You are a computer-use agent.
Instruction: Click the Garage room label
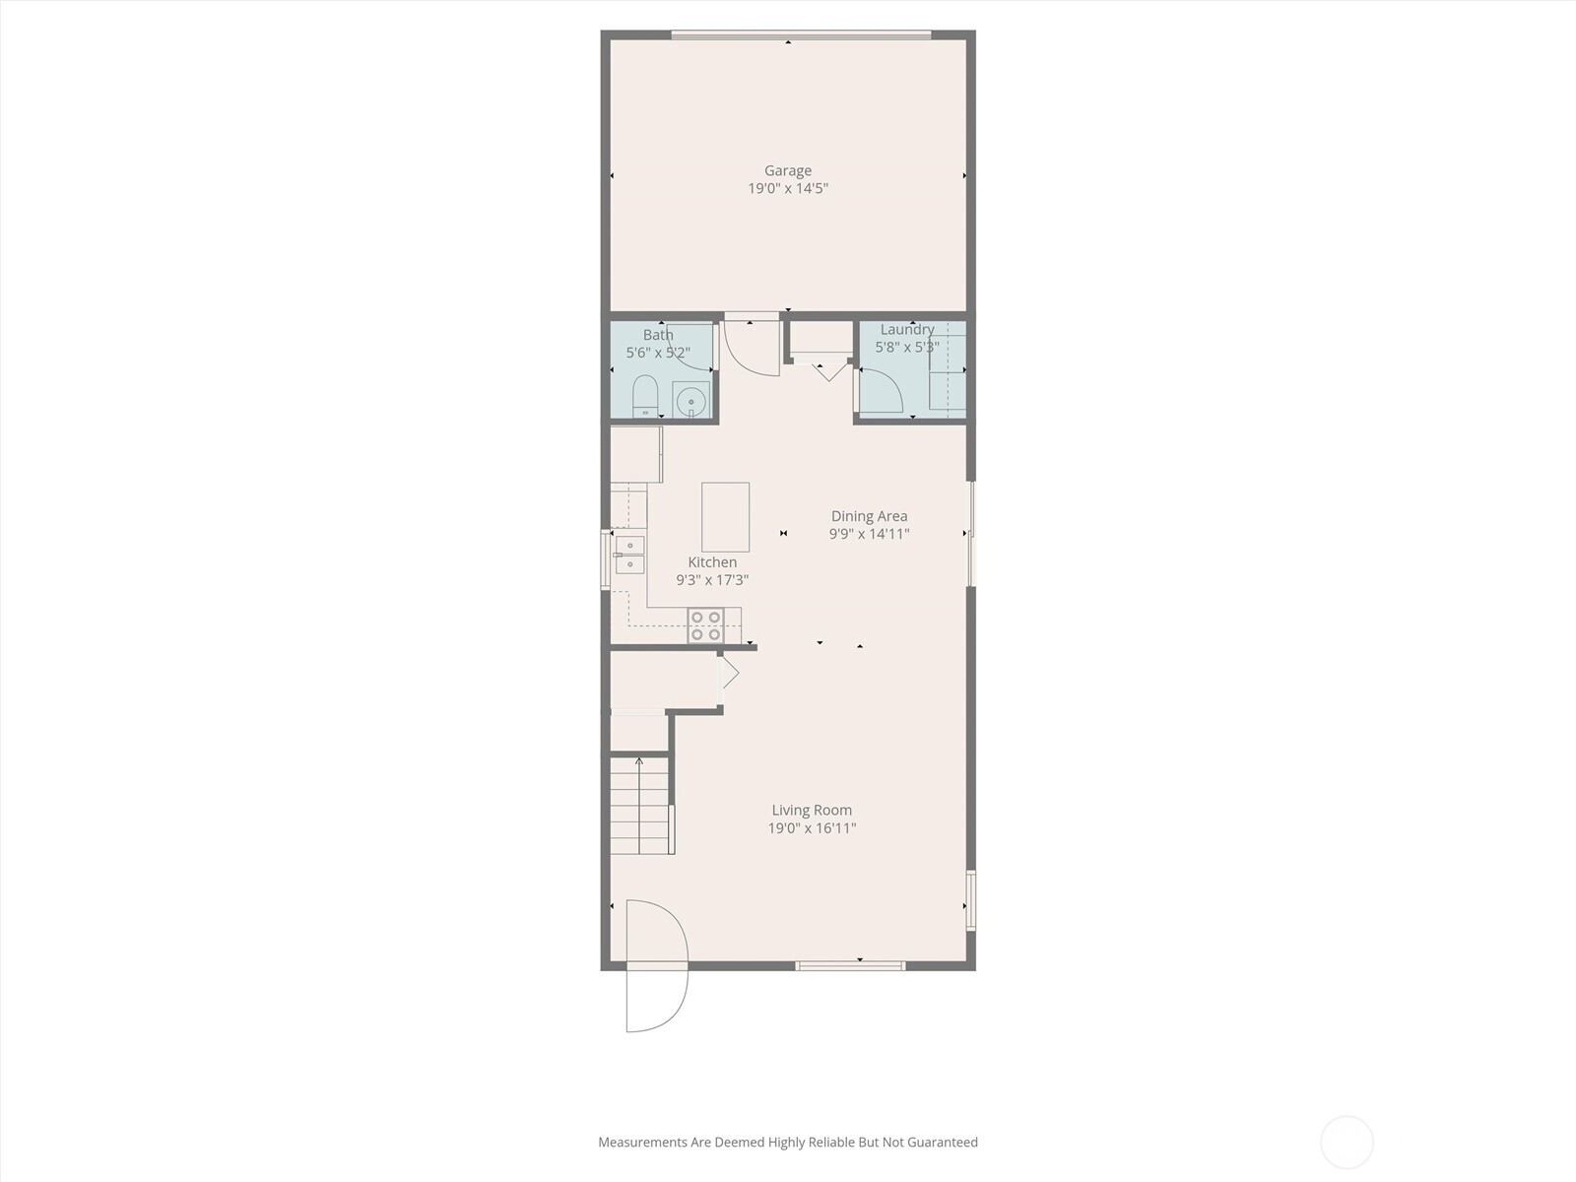pos(788,170)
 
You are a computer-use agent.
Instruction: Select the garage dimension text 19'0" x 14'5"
pos(788,189)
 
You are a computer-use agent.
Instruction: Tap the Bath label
pos(658,335)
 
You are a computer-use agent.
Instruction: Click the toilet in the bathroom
pos(645,396)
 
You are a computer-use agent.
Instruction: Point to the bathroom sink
pos(690,400)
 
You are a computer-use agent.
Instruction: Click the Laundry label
pos(907,329)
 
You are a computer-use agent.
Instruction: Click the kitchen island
pos(725,517)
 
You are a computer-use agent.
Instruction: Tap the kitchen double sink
pos(629,555)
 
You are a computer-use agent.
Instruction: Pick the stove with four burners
pos(705,625)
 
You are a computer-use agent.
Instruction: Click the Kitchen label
pos(712,562)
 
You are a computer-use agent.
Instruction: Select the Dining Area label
pos(869,516)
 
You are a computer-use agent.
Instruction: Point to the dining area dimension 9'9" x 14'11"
pos(869,534)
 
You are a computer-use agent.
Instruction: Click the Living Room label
pos(812,811)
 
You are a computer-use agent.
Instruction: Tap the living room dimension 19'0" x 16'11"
pos(812,828)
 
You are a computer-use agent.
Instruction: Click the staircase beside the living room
pos(639,805)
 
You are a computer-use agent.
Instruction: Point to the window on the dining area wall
pos(971,534)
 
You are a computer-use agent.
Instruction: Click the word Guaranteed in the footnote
pos(942,1142)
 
